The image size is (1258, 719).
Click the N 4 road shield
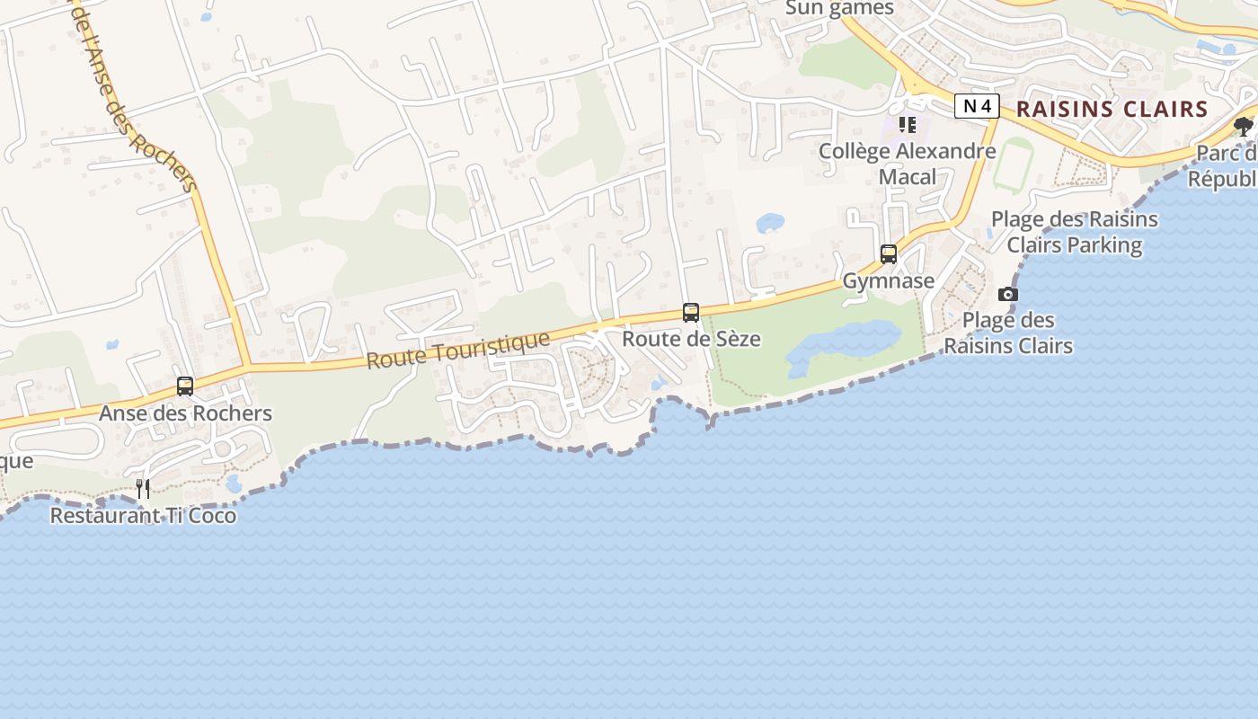coord(977,107)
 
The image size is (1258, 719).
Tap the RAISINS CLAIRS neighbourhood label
coord(1112,110)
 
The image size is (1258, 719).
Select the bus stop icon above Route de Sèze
coord(690,313)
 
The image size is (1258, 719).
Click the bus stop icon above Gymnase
coord(889,254)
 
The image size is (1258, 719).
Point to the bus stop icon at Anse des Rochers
coord(185,386)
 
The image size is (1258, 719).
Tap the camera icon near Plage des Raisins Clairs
coord(1008,295)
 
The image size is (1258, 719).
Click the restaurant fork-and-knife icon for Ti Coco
coord(143,489)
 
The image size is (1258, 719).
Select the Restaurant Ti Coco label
coord(143,516)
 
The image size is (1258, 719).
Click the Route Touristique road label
coord(457,349)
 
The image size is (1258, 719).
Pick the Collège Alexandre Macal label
coord(908,164)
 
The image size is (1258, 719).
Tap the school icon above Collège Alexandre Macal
coord(908,125)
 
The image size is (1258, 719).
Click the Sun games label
coord(840,9)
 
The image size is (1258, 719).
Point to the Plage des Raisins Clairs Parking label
coord(1075,232)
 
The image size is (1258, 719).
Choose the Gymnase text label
coord(889,281)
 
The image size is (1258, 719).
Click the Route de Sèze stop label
coord(691,339)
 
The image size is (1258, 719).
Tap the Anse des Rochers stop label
coord(185,413)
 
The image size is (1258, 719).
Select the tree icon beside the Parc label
coord(1244,127)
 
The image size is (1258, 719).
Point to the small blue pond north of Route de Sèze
coord(770,222)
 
